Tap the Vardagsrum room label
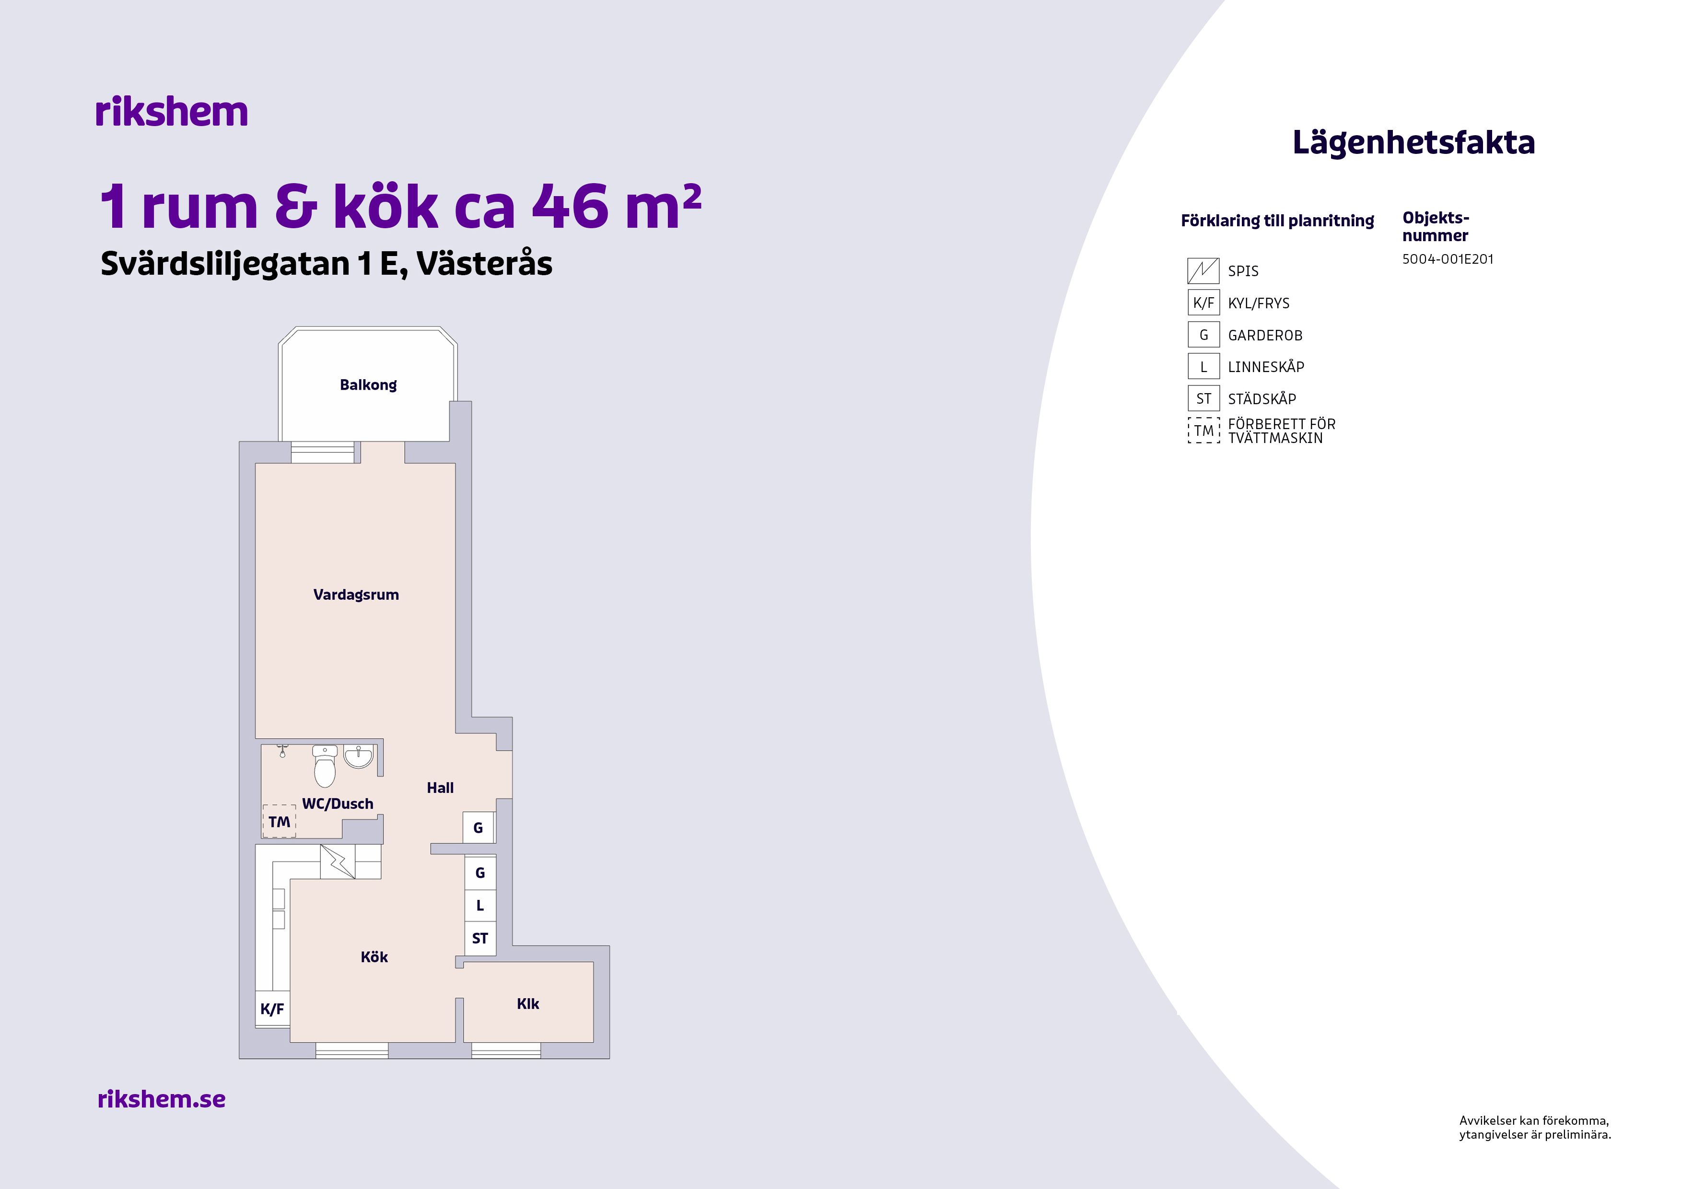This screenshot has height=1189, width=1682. [356, 595]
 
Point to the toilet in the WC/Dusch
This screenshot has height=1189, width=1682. [325, 766]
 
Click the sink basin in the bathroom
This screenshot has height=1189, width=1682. [358, 757]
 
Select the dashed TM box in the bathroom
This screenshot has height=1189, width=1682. [279, 821]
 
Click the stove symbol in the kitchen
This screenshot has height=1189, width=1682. [338, 862]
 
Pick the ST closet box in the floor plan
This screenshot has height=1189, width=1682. [480, 938]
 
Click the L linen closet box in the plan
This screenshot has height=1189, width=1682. [480, 906]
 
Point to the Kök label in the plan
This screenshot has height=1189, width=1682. [374, 957]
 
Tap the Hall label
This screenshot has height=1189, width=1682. [440, 788]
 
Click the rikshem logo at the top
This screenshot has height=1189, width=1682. [172, 112]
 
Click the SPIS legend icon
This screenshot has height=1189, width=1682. [1203, 271]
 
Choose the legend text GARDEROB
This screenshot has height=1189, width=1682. [1265, 336]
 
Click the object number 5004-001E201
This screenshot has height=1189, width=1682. [1448, 258]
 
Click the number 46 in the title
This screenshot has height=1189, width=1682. [571, 207]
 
